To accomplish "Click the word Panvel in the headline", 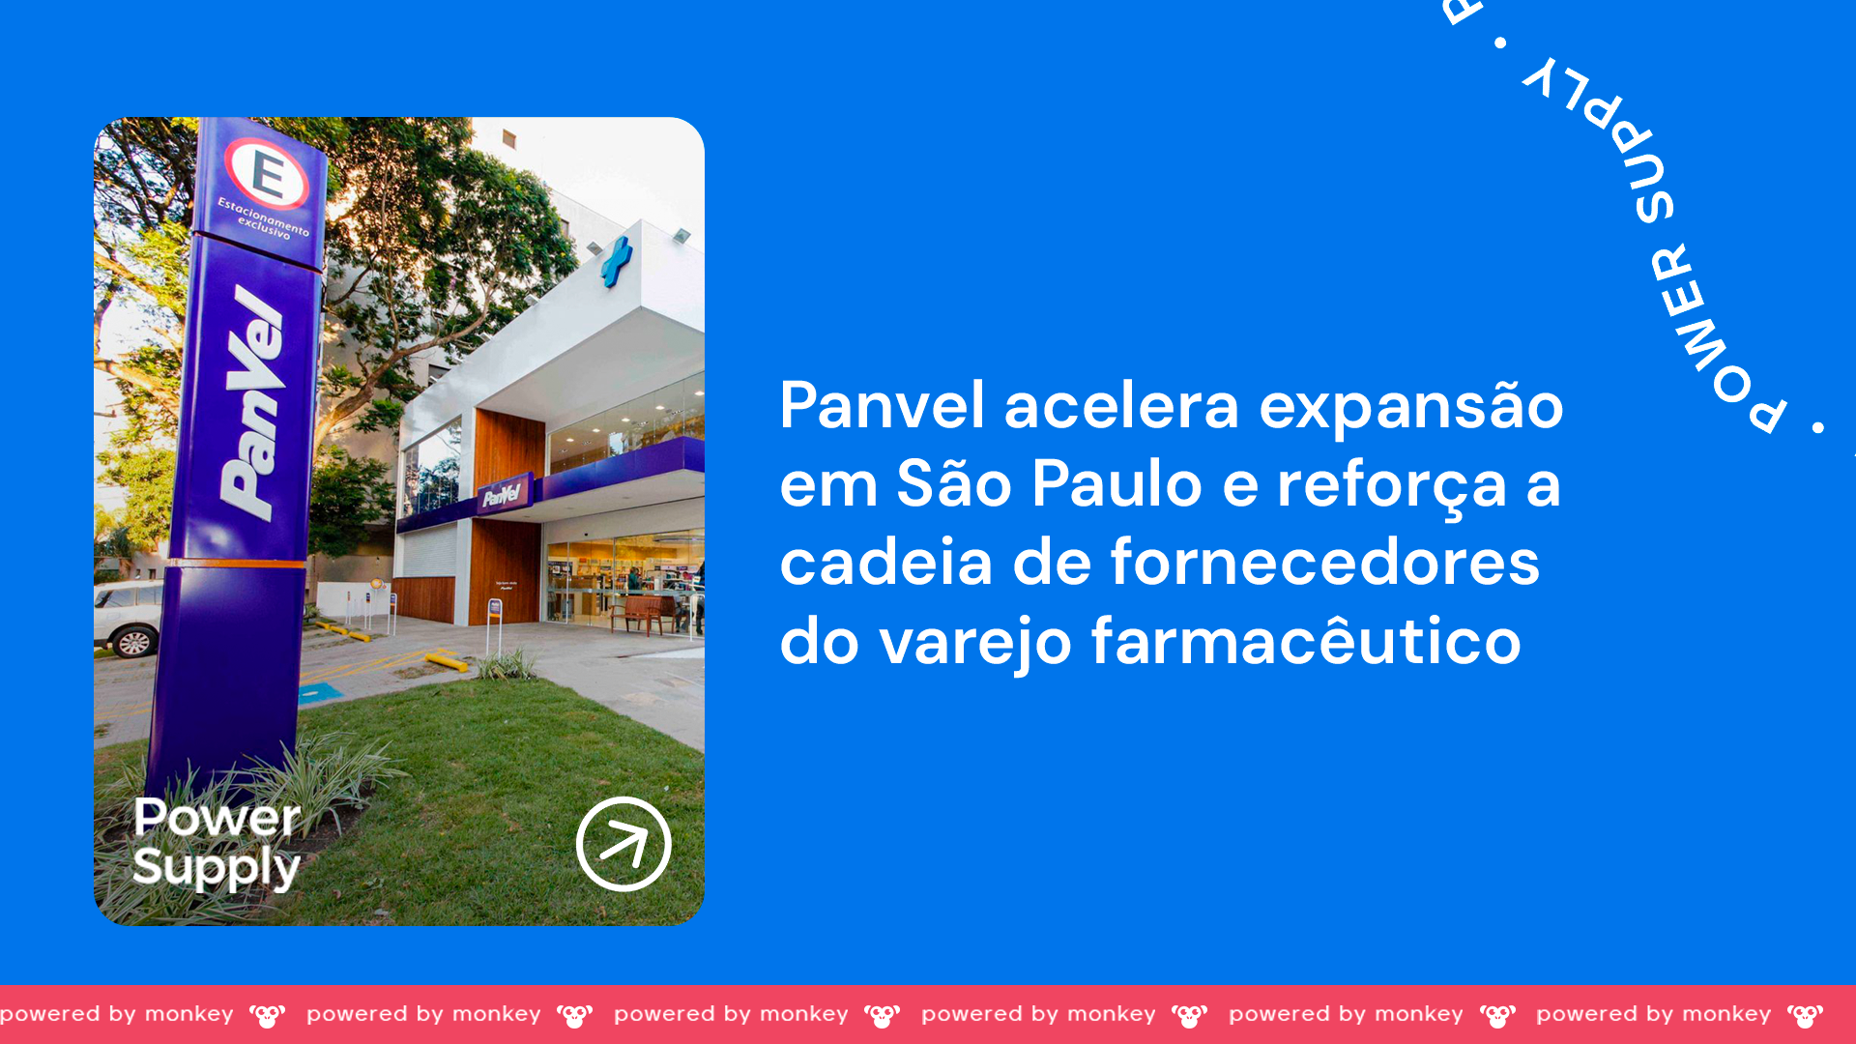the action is pos(883,405).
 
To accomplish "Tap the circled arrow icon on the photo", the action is pos(623,844).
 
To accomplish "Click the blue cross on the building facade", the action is pos(616,261).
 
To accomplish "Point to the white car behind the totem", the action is pos(129,619).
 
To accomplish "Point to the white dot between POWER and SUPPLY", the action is pos(1501,43).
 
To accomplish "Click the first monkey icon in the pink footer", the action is pos(268,1016).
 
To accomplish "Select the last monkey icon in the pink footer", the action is pos(1805,1016).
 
